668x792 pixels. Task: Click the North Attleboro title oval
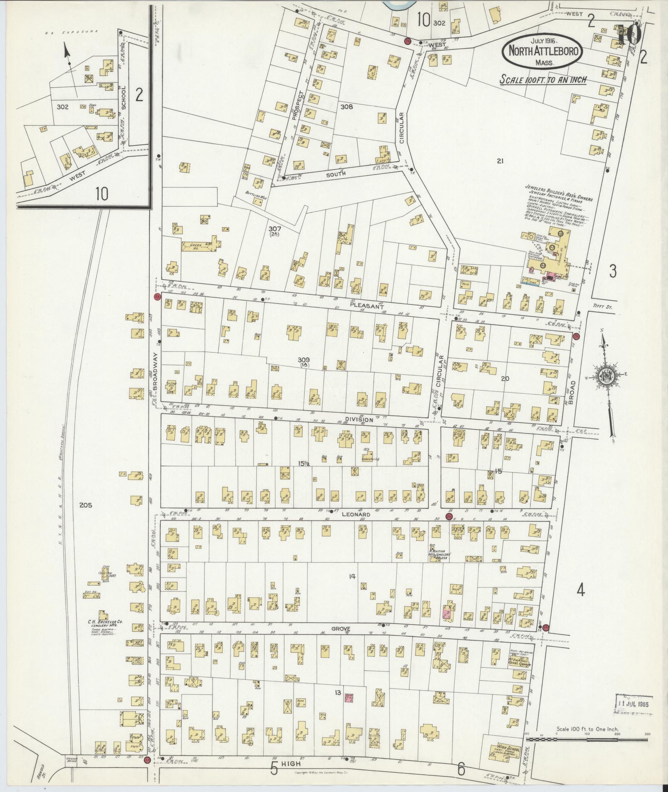(542, 51)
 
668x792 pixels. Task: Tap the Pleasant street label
(362, 304)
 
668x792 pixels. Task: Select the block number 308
(346, 106)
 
